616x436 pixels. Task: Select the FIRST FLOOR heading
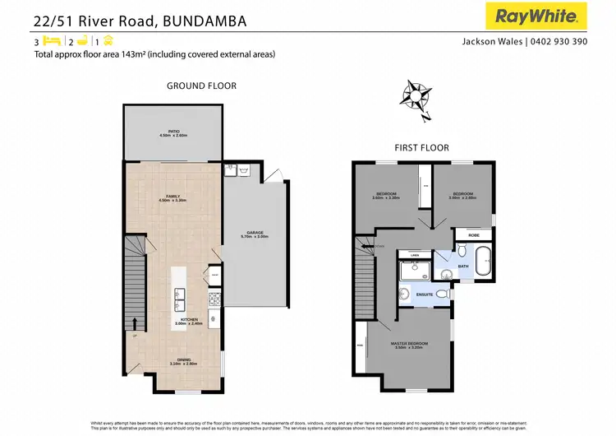pos(423,148)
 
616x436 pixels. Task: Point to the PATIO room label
pos(174,132)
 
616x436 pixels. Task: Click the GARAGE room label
pos(255,234)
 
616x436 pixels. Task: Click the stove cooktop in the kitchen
pos(214,299)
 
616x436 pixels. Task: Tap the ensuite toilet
pos(442,293)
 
